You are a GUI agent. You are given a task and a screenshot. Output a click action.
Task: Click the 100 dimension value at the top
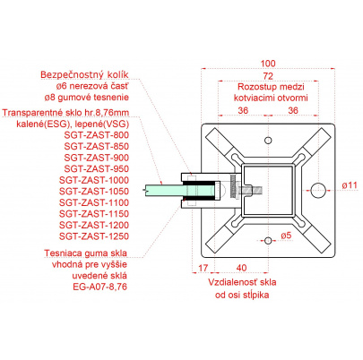268,64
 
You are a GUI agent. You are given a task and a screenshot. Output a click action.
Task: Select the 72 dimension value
268,76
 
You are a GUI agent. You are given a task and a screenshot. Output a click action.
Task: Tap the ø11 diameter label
350,185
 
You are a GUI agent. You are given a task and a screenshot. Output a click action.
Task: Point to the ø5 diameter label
286,236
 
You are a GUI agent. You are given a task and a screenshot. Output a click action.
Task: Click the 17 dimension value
203,268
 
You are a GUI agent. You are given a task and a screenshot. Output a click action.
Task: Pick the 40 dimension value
241,268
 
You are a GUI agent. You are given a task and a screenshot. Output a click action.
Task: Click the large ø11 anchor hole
318,190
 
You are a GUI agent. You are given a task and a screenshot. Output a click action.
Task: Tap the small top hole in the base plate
268,141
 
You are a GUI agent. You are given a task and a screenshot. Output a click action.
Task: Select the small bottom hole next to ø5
268,240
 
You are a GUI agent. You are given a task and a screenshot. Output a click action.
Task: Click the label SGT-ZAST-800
97,135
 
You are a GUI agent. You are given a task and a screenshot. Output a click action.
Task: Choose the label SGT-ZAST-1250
94,236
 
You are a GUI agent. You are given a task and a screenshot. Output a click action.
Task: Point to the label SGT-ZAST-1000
94,180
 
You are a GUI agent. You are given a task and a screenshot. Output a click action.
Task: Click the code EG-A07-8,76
100,287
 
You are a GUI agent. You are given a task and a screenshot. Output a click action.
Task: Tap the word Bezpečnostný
72,74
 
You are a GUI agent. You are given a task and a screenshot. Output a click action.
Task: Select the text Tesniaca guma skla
86,253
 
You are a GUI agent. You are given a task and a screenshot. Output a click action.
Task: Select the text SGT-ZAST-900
97,158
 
